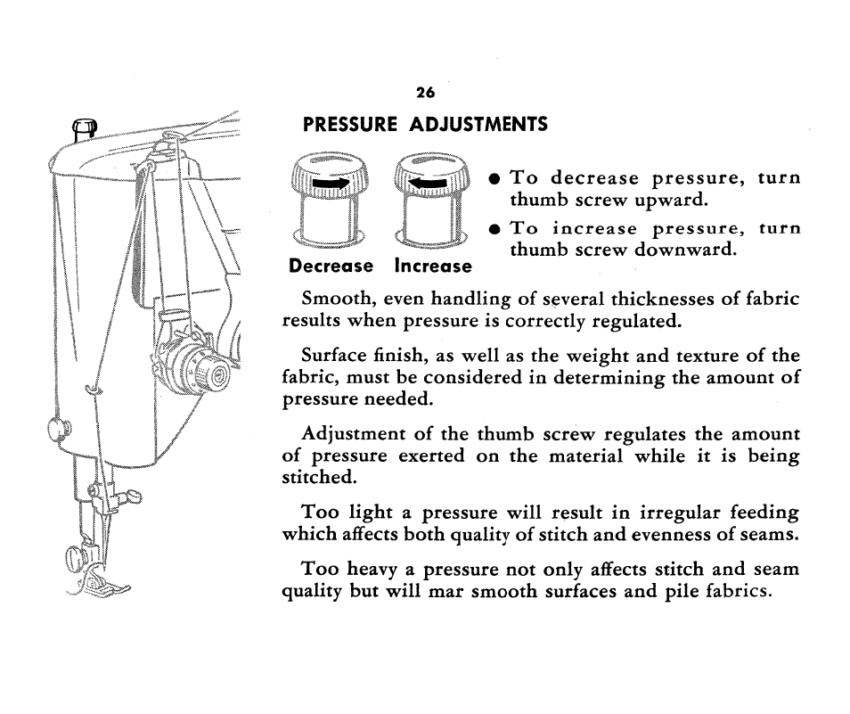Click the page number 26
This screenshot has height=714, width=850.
(x=424, y=93)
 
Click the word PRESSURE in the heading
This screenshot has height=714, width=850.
(x=347, y=126)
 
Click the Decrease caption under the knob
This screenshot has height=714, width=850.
(x=331, y=267)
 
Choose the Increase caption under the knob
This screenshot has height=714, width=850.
(x=433, y=267)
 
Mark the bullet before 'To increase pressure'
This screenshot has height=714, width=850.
(x=492, y=229)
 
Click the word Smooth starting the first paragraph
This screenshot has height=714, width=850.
(x=334, y=300)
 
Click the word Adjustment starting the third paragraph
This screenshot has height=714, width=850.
(x=352, y=435)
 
